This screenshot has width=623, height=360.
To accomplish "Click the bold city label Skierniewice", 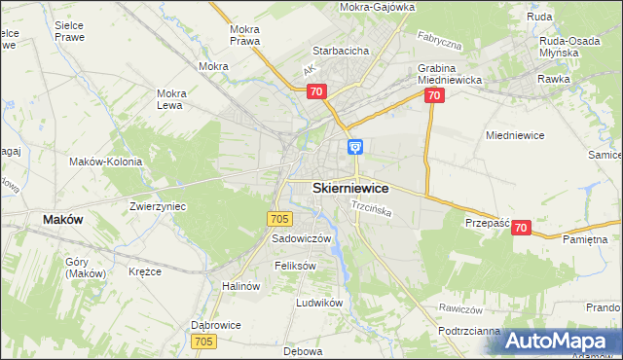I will tap(351, 188).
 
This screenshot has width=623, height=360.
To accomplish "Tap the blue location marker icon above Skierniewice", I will tap(356, 147).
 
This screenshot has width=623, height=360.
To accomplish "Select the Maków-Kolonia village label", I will tap(106, 162).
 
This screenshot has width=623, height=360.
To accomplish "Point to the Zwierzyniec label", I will tap(158, 206).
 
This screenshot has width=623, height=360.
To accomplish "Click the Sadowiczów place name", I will tap(302, 238).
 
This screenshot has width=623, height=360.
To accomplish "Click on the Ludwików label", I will tap(320, 303).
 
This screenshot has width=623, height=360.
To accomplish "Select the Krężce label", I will tap(144, 271).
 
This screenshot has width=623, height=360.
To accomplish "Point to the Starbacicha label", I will tap(339, 50).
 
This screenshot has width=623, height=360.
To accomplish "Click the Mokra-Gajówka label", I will tap(378, 7).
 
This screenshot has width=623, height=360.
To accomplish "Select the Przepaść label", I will tap(488, 223).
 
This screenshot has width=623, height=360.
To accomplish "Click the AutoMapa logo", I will tap(562, 342).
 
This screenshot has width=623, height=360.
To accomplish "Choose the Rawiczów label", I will tap(461, 309).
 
